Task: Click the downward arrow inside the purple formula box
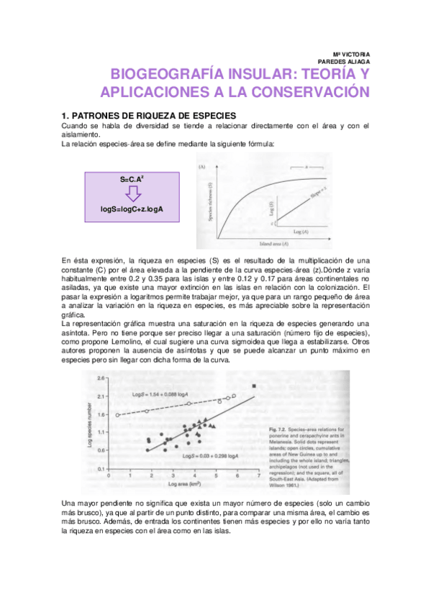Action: click(x=130, y=193)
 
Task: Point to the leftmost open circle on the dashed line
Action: click(x=117, y=415)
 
